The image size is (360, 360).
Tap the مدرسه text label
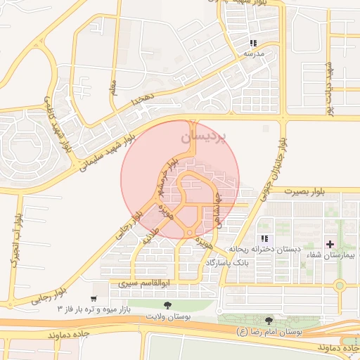pyautogui.click(x=252, y=53)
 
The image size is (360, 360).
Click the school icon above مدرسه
pyautogui.click(x=253, y=43)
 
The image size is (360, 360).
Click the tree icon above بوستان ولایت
pyautogui.click(x=167, y=305)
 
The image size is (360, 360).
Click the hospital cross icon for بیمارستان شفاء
pyautogui.click(x=330, y=243)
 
